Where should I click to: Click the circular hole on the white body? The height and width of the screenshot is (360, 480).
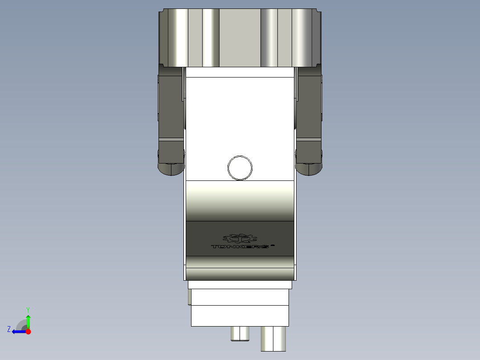pos(240,168)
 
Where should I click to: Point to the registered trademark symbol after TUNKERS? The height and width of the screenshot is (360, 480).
pos(273,244)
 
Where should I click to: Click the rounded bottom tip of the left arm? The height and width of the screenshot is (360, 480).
pos(171,169)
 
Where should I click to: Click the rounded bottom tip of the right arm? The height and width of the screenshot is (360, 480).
pos(309,169)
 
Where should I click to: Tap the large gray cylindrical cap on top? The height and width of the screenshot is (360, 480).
pos(240,38)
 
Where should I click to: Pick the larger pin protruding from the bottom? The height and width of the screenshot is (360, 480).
pos(273,339)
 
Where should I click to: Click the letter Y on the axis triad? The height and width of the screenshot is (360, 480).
pos(28,309)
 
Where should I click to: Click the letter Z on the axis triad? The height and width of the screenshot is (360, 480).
pos(9,329)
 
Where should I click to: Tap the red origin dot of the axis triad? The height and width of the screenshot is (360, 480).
pos(28,331)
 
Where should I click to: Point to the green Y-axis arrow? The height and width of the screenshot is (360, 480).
pos(28,321)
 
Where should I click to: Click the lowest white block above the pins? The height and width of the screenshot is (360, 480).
pos(240,315)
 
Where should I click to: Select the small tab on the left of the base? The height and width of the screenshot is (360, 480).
pos(190,297)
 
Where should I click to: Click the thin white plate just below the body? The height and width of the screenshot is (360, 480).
pos(240,285)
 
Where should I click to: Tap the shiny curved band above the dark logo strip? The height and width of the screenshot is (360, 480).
pos(240,200)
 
